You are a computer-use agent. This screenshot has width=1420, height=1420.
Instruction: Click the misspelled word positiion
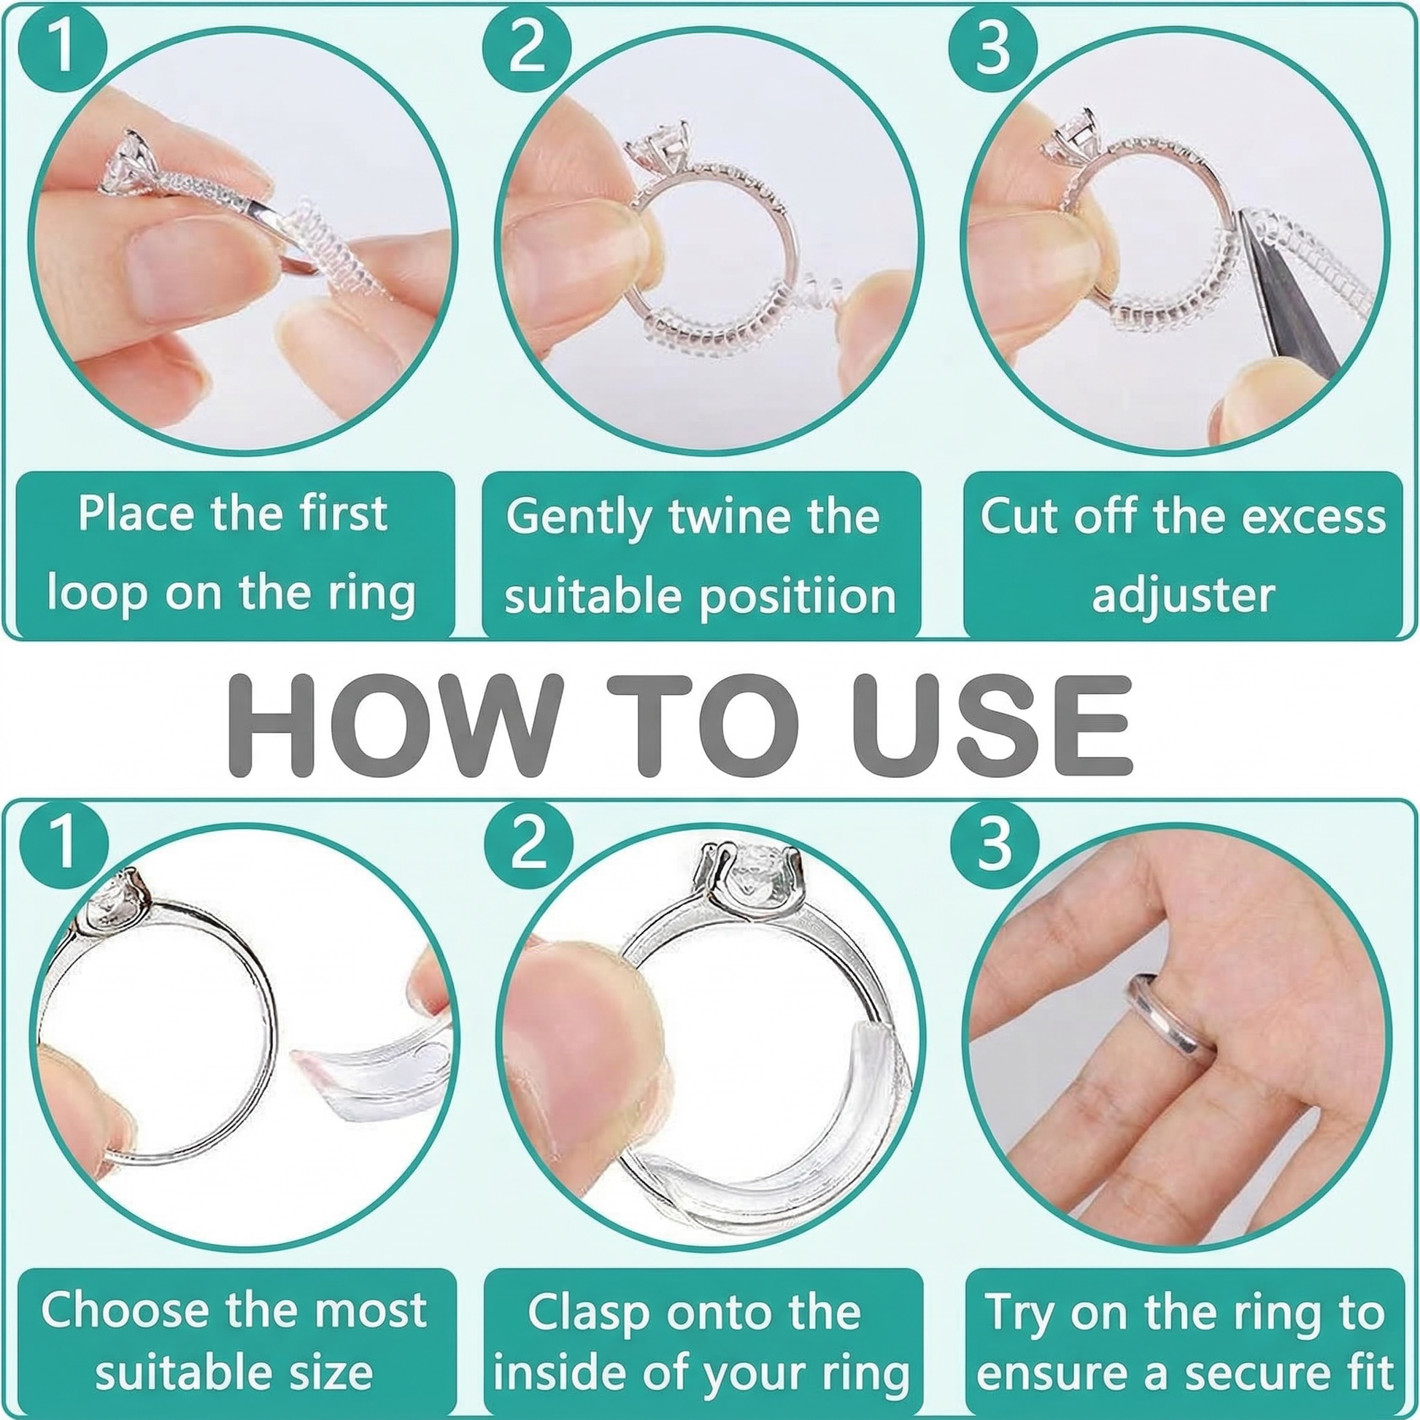coord(798,597)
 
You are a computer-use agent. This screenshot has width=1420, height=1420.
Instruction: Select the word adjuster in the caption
coord(1183,595)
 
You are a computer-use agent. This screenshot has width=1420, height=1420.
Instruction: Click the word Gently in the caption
coord(578,518)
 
